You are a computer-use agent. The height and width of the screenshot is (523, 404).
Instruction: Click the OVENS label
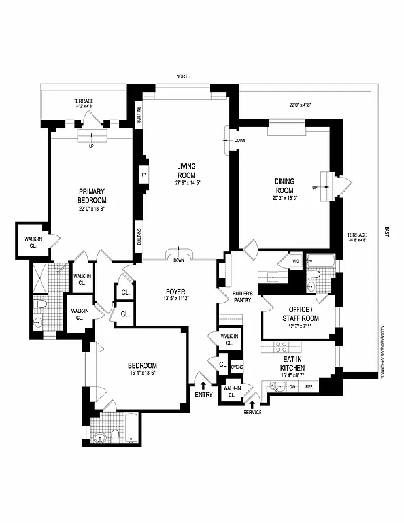coord(237,365)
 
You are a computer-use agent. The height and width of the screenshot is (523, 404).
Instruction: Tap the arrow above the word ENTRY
coord(203,386)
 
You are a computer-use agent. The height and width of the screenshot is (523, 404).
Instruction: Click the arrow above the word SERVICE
coord(253,404)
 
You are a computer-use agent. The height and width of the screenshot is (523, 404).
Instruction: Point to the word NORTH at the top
coord(183,76)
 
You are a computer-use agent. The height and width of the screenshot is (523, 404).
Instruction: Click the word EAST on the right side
coord(386,231)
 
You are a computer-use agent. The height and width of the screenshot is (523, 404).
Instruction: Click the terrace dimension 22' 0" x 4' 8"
coord(301,103)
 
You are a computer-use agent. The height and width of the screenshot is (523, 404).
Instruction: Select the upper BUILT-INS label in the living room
coord(139,116)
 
